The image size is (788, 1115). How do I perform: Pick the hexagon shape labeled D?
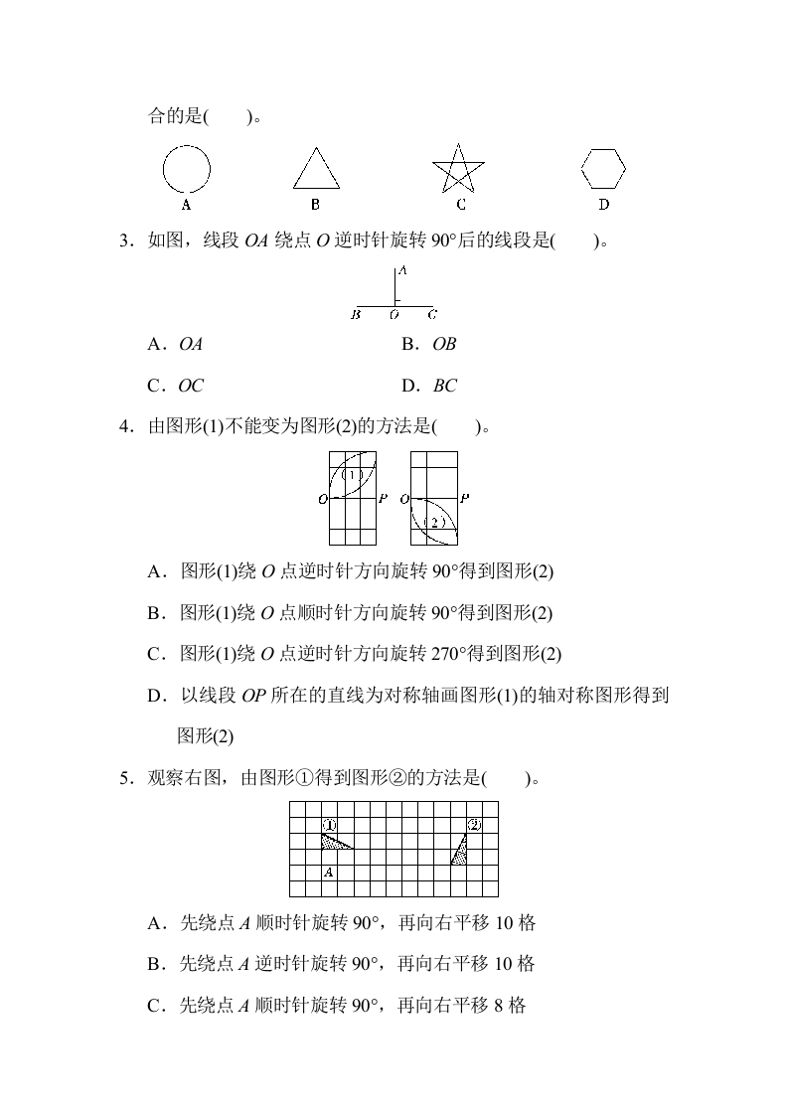pyautogui.click(x=603, y=168)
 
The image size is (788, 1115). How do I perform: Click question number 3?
pyautogui.click(x=124, y=239)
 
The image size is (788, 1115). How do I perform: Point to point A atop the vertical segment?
pyautogui.click(x=401, y=271)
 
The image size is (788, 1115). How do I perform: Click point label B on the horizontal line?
pyautogui.click(x=356, y=315)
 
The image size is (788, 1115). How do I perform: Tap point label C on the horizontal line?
pyautogui.click(x=432, y=315)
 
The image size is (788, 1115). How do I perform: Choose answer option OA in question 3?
pyautogui.click(x=190, y=344)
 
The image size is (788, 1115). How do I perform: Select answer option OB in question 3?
pyautogui.click(x=444, y=344)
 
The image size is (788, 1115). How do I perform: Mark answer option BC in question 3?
pyautogui.click(x=444, y=386)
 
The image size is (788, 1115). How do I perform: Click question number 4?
pyautogui.click(x=124, y=427)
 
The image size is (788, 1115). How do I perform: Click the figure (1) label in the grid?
pyautogui.click(x=353, y=475)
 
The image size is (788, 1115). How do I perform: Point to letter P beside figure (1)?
pyautogui.click(x=383, y=499)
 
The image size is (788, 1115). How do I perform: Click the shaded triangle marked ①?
pyautogui.click(x=333, y=842)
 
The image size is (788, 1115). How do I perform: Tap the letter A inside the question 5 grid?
pyautogui.click(x=328, y=873)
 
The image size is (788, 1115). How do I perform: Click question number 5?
pyautogui.click(x=124, y=778)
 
